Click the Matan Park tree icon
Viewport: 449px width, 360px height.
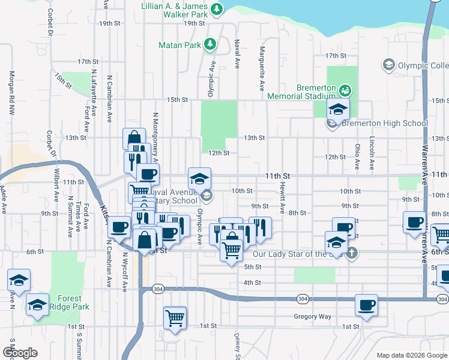click(x=209, y=44)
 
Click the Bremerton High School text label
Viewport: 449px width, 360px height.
click(x=384, y=124)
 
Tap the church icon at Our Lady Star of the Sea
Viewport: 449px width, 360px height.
click(x=352, y=253)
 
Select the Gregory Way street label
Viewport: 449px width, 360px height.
click(x=312, y=316)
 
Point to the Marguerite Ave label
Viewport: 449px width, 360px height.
click(x=262, y=69)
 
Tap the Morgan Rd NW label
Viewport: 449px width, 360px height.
click(x=11, y=93)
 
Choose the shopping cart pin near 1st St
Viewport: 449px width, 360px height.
click(x=175, y=317)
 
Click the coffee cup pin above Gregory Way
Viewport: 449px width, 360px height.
click(x=366, y=305)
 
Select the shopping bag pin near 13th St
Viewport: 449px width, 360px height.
click(x=134, y=139)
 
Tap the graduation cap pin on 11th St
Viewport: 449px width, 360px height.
click(x=199, y=178)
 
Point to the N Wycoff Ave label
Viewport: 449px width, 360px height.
click(x=125, y=271)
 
